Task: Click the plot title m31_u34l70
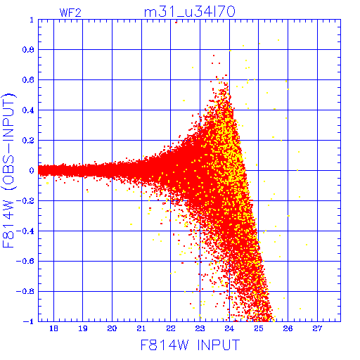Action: coord(190,12)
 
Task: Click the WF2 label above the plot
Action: coord(70,13)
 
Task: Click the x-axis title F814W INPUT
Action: coord(190,345)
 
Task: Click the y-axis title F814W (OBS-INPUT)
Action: coord(8,170)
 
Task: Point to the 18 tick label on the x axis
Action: coord(53,328)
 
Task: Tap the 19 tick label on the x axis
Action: coord(83,328)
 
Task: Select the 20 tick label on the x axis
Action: coord(112,328)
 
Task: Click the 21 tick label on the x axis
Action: coord(141,328)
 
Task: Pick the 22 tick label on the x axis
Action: coord(171,328)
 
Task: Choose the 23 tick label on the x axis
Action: coord(200,328)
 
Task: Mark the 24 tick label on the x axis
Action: coord(229,328)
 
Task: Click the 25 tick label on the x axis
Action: coord(259,328)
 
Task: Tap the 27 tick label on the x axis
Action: coord(317,328)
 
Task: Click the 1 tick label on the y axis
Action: coord(32,20)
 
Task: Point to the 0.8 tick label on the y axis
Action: coord(28,50)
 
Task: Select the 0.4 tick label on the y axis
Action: coord(28,110)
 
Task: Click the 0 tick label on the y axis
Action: coord(32,170)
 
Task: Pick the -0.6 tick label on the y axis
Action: coord(25,261)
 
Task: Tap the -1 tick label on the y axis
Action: coord(29,321)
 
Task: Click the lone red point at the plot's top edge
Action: coord(176,22)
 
